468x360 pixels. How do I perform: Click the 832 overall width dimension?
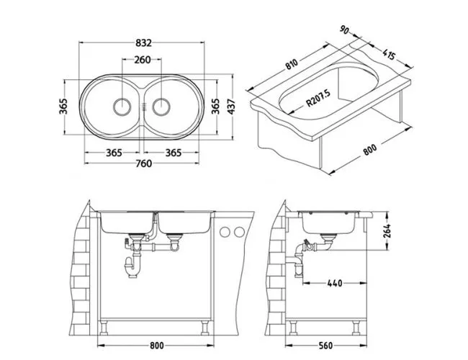click(143, 43)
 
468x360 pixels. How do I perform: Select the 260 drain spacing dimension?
click(142, 60)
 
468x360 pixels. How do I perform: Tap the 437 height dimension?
click(231, 107)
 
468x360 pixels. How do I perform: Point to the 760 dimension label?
click(143, 163)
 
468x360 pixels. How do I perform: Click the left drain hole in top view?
click(122, 107)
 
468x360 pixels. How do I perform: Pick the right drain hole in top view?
click(161, 107)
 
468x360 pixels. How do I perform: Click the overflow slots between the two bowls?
click(145, 107)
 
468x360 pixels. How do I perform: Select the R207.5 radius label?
click(318, 99)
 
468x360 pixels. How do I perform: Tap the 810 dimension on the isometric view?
click(292, 64)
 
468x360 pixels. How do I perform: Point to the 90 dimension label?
click(344, 30)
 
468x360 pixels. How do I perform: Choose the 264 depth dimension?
click(387, 230)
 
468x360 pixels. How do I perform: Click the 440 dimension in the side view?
click(335, 283)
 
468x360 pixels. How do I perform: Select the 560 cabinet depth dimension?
click(325, 346)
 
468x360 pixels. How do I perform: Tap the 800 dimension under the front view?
click(157, 346)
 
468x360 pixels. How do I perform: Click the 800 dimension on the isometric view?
click(370, 150)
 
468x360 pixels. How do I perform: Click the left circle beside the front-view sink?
click(225, 232)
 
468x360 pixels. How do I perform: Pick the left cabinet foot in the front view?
click(104, 328)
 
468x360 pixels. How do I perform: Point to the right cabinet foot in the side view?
click(356, 328)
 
